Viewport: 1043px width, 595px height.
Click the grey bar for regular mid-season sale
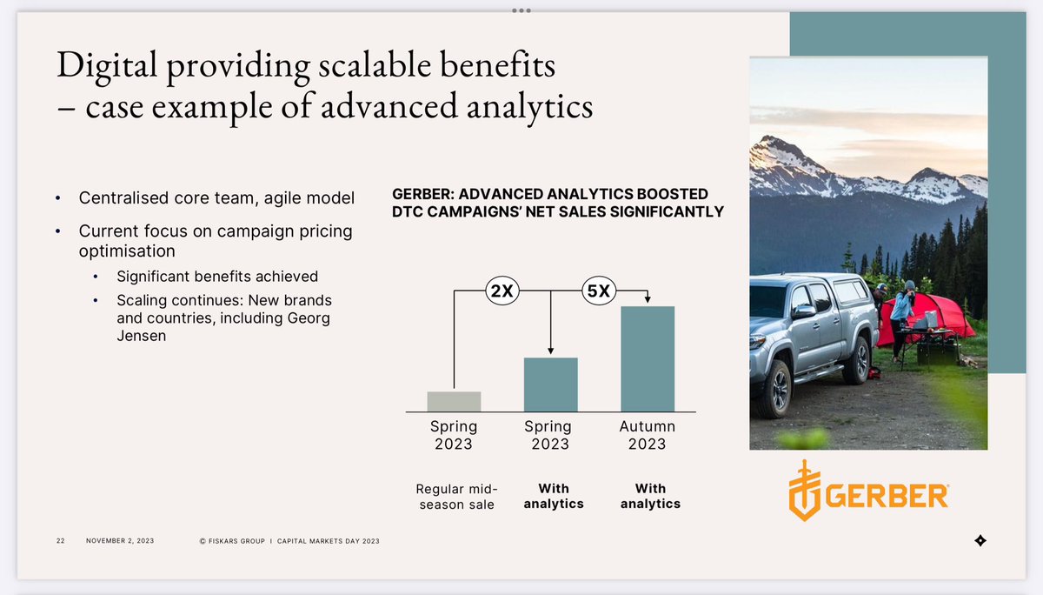click(454, 401)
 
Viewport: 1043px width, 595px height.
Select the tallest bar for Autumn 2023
click(647, 358)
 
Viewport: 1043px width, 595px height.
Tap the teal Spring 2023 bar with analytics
click(550, 384)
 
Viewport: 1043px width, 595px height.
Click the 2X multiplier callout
click(501, 292)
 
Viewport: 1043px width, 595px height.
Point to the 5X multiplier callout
click(598, 292)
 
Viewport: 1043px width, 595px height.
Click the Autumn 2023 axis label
click(647, 435)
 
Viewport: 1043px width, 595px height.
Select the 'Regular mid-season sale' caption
click(455, 496)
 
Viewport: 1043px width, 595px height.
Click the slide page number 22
click(61, 541)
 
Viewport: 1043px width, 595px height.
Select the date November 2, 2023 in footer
click(120, 541)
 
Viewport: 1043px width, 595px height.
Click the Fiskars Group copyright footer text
click(289, 541)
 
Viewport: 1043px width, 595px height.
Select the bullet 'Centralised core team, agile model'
click(216, 198)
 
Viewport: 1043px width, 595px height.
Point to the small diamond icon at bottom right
click(980, 541)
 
